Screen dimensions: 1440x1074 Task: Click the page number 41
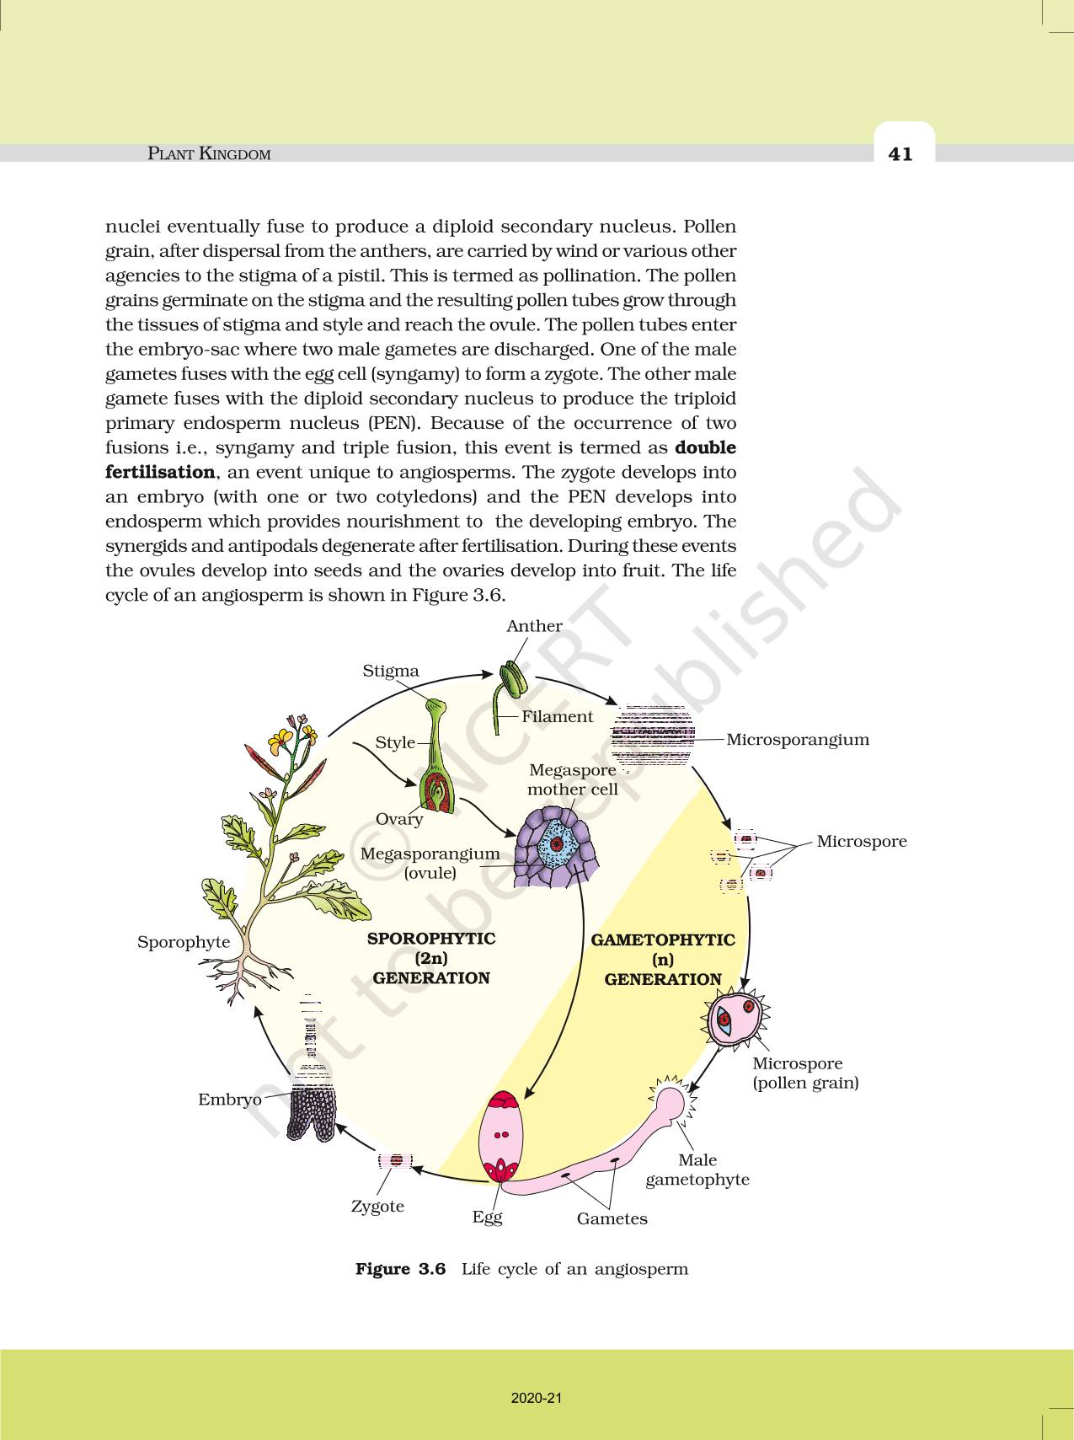pos(900,153)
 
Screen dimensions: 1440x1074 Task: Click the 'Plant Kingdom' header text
pos(209,153)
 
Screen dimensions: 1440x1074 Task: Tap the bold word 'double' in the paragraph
pos(705,447)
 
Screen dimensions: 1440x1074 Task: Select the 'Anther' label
pos(534,626)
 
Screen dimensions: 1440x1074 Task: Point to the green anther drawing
pos(512,678)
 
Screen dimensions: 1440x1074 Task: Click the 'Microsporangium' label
pos(797,740)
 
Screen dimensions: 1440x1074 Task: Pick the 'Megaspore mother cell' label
pos(573,779)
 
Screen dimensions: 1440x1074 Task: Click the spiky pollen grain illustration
pos(735,1018)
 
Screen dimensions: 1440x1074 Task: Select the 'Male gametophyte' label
pos(697,1170)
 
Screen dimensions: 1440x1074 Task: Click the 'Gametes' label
pos(612,1218)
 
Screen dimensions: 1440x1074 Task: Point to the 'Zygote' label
pos(377,1206)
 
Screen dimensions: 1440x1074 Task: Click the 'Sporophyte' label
pos(184,942)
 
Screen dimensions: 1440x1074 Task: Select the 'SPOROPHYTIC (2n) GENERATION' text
pos(431,958)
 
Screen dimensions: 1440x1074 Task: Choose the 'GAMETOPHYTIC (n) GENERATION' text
pos(663,960)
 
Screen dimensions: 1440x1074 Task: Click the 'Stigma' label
pos(391,671)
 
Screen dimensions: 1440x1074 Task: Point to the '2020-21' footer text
pos(536,1398)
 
